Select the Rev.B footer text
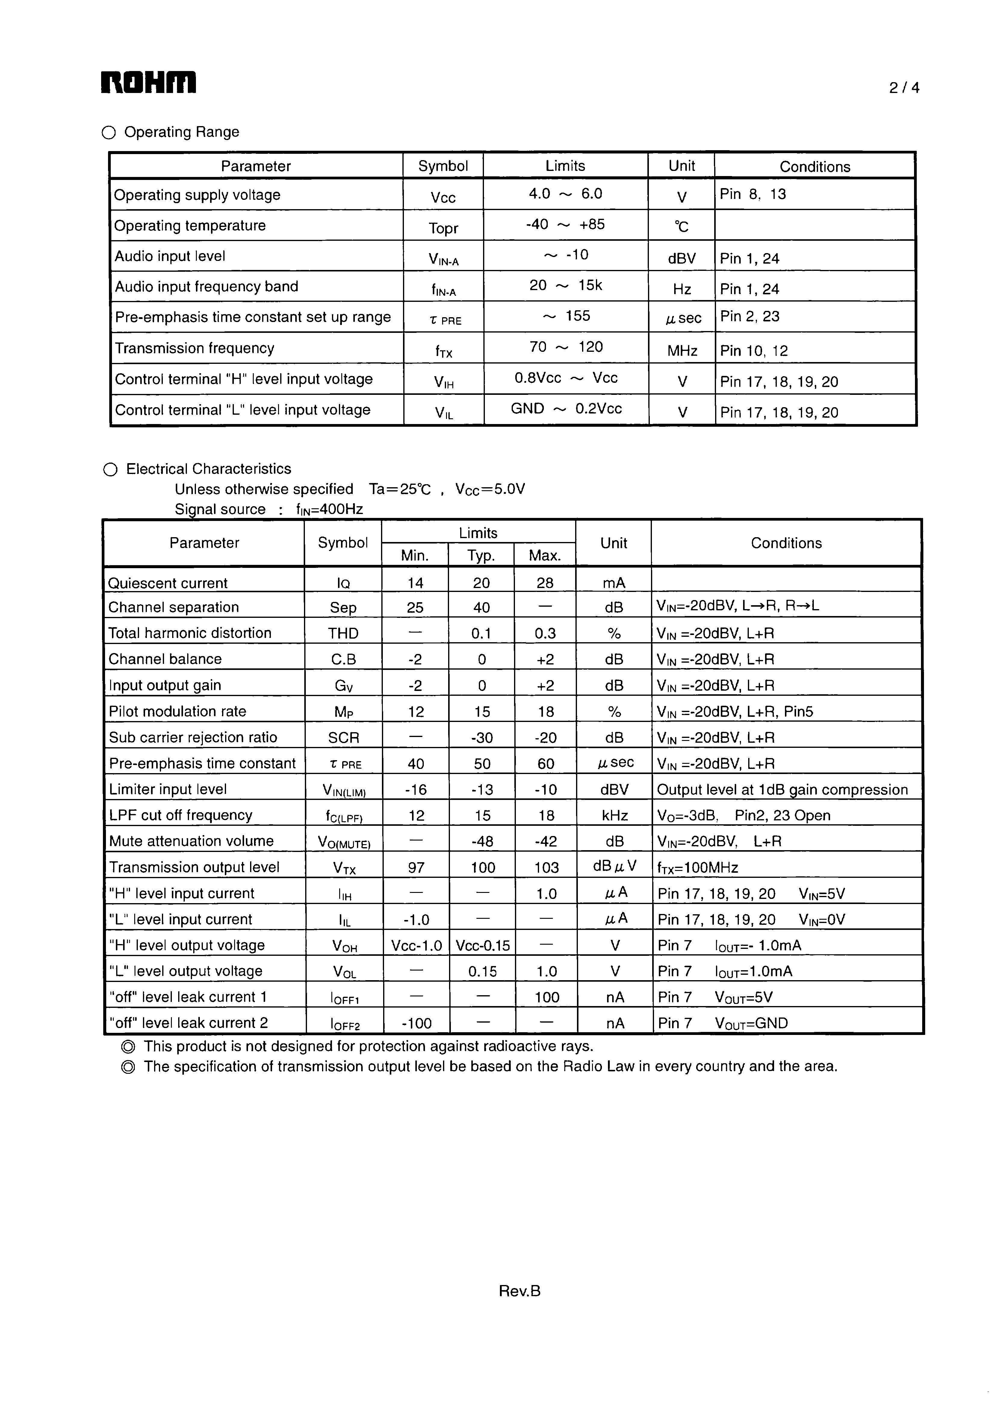coord(519,1291)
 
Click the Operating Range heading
coord(181,132)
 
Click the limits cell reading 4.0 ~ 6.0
coord(565,194)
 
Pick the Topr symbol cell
coord(443,228)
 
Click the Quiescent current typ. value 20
coord(481,583)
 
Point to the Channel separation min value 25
coord(415,608)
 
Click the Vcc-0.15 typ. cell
coord(482,946)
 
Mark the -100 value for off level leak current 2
coord(417,1023)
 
